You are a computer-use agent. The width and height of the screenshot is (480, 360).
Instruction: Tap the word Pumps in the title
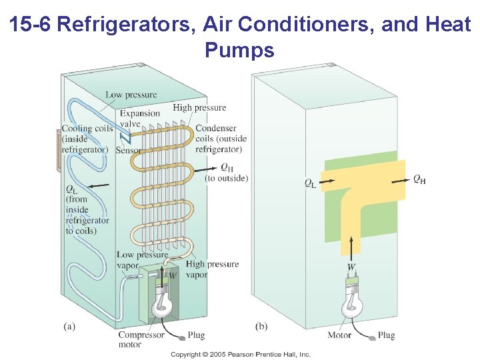[x=240, y=50]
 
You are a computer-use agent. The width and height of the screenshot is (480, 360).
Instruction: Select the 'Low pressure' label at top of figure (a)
[x=131, y=95]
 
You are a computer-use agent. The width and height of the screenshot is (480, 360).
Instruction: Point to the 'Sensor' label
[x=129, y=151]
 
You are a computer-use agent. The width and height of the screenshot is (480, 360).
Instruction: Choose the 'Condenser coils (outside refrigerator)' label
[x=221, y=139]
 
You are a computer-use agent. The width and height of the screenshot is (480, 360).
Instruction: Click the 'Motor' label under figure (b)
[x=340, y=335]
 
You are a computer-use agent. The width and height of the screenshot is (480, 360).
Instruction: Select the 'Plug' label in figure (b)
[x=386, y=335]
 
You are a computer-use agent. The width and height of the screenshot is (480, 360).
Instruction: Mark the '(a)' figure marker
[x=69, y=326]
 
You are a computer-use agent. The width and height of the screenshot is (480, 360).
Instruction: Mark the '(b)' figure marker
[x=262, y=326]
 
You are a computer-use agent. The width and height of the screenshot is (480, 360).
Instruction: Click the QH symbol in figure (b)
[x=419, y=179]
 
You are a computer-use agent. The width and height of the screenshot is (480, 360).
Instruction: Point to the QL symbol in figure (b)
[x=311, y=182]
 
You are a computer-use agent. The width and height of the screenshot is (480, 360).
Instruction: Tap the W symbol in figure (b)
[x=351, y=266]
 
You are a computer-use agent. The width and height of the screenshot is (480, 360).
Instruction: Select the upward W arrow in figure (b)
[x=351, y=245]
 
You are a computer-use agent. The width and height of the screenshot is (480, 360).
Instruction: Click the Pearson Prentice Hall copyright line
[x=241, y=354]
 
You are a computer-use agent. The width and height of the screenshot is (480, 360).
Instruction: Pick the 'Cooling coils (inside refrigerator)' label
[x=85, y=139]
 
